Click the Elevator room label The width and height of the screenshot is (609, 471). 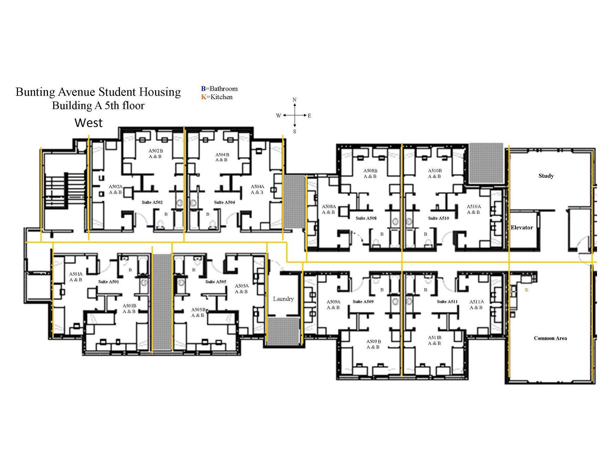[522, 228]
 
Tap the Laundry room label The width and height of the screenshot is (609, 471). [283, 299]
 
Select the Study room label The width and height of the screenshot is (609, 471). [546, 176]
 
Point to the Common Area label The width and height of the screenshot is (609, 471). [550, 338]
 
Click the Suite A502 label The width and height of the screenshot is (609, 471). [152, 203]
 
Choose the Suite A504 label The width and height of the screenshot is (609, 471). [224, 203]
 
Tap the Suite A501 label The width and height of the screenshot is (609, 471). [108, 282]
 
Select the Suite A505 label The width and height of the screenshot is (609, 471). [215, 282]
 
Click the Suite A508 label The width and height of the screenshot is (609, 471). [366, 218]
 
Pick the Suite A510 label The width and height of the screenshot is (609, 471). [438, 218]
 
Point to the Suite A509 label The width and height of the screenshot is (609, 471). [363, 302]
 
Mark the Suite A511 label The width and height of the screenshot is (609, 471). [447, 302]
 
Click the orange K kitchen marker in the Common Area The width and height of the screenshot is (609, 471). [526, 290]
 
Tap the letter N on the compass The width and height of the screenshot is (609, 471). [294, 100]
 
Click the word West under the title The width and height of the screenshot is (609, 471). [89, 123]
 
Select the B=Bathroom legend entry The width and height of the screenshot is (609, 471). [219, 89]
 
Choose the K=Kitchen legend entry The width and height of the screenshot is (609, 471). [217, 97]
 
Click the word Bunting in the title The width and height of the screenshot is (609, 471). [35, 92]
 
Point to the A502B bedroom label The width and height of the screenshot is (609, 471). [156, 151]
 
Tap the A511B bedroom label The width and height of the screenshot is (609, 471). [434, 338]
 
